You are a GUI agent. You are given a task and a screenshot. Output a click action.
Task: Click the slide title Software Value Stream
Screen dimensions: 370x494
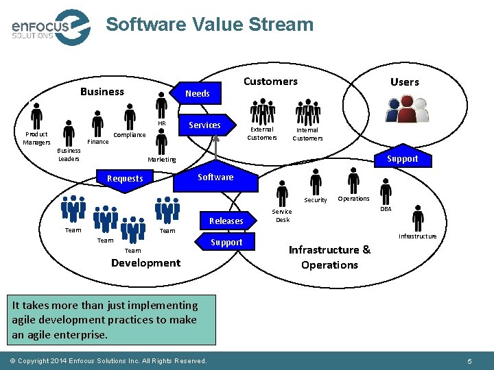pos(209,25)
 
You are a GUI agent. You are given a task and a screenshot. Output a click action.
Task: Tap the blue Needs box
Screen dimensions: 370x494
pos(198,93)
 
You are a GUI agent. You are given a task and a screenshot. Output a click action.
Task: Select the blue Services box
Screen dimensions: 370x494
pos(204,125)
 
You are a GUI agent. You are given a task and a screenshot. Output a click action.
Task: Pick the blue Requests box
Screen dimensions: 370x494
pos(125,178)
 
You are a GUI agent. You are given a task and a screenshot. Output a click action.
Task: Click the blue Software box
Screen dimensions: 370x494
pos(215,177)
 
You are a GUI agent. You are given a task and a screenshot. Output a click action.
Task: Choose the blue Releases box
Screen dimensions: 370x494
pos(226,221)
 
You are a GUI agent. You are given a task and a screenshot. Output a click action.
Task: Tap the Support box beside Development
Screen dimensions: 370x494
pos(226,242)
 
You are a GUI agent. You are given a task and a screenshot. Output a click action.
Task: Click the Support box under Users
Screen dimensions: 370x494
pos(402,158)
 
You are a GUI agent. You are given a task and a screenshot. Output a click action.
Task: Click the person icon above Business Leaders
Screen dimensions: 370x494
pos(68,133)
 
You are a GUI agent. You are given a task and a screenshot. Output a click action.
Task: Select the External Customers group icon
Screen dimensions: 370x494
pos(261,112)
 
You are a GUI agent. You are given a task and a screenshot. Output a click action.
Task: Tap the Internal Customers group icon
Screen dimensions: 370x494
pos(307,112)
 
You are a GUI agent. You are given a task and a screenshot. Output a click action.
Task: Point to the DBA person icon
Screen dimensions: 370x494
pos(386,192)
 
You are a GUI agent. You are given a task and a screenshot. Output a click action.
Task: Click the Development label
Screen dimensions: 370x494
pos(145,263)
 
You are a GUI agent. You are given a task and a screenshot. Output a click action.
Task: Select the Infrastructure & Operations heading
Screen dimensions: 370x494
pos(329,257)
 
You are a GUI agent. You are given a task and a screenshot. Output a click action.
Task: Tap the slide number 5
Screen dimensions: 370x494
pos(469,360)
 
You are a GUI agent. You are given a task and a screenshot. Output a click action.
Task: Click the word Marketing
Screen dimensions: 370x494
pos(162,160)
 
